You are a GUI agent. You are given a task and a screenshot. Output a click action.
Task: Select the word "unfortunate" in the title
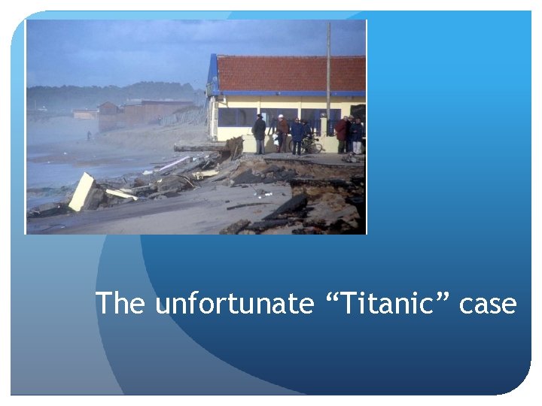tap(233, 304)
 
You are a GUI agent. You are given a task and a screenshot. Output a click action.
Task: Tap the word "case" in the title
tap(487, 304)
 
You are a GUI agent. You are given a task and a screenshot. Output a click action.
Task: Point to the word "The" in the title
tap(121, 304)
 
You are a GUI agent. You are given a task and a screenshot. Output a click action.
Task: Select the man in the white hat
tap(282, 132)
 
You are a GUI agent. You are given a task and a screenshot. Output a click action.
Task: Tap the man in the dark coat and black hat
tap(259, 133)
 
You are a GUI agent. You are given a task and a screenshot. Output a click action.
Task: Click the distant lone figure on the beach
tap(89, 135)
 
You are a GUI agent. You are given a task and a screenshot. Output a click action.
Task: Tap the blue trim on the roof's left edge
tap(213, 75)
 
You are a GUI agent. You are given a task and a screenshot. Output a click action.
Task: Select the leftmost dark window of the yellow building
tap(227, 117)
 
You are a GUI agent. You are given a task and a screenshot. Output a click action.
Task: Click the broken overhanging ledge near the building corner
tap(203, 147)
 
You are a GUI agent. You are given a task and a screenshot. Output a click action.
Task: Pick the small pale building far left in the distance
tap(84, 114)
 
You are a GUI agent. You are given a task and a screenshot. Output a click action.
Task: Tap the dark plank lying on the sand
tap(248, 205)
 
